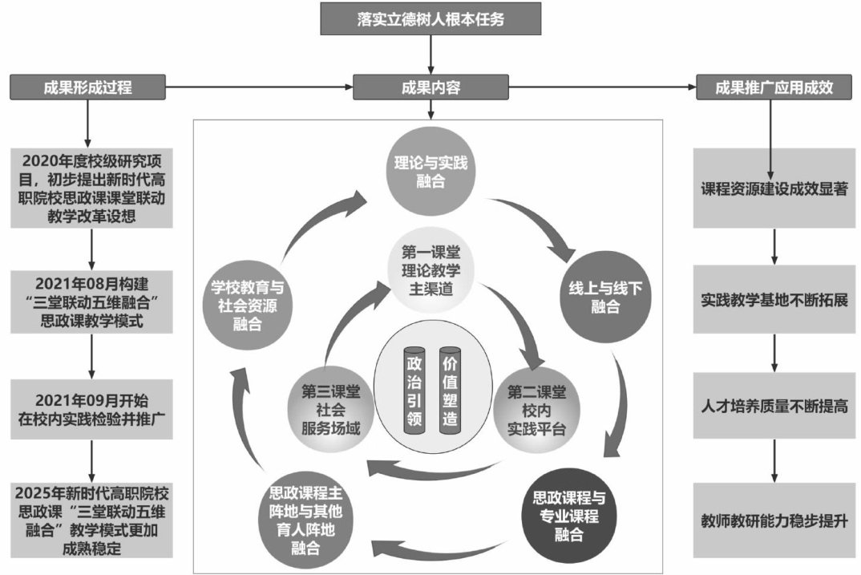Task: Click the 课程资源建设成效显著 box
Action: pyautogui.click(x=774, y=191)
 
